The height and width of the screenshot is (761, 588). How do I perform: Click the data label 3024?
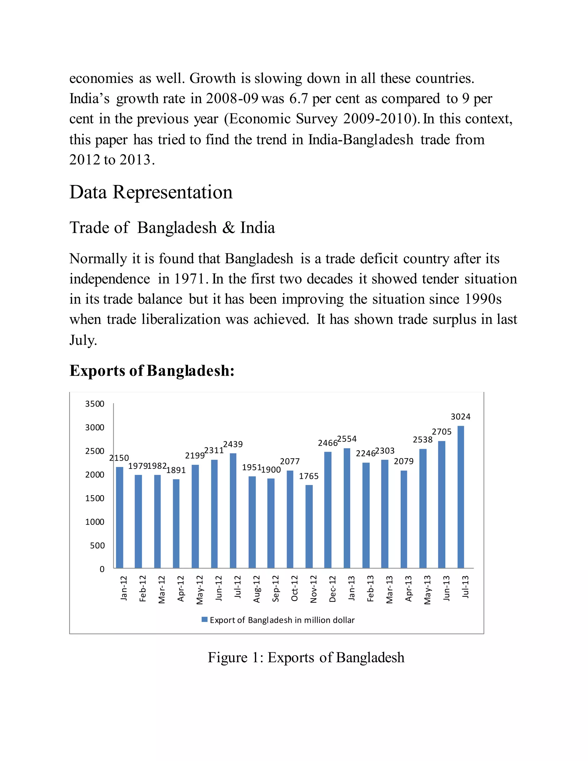[x=461, y=417]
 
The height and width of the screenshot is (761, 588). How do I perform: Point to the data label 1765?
[x=309, y=476]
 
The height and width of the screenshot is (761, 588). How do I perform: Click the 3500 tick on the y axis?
[x=95, y=404]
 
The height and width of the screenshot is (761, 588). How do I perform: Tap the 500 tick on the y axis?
[x=97, y=546]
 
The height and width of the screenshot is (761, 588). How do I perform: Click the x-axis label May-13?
[x=428, y=590]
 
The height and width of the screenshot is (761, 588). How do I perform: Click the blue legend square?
[x=205, y=619]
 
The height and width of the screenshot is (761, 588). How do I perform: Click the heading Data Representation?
[x=151, y=192]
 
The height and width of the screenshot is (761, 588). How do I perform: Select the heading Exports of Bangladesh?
[x=152, y=370]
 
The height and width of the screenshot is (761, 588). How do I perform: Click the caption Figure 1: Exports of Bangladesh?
[x=306, y=658]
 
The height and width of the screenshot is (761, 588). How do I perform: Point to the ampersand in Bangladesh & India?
[x=228, y=228]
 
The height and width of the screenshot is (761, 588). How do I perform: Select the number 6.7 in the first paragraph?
[x=299, y=98]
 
